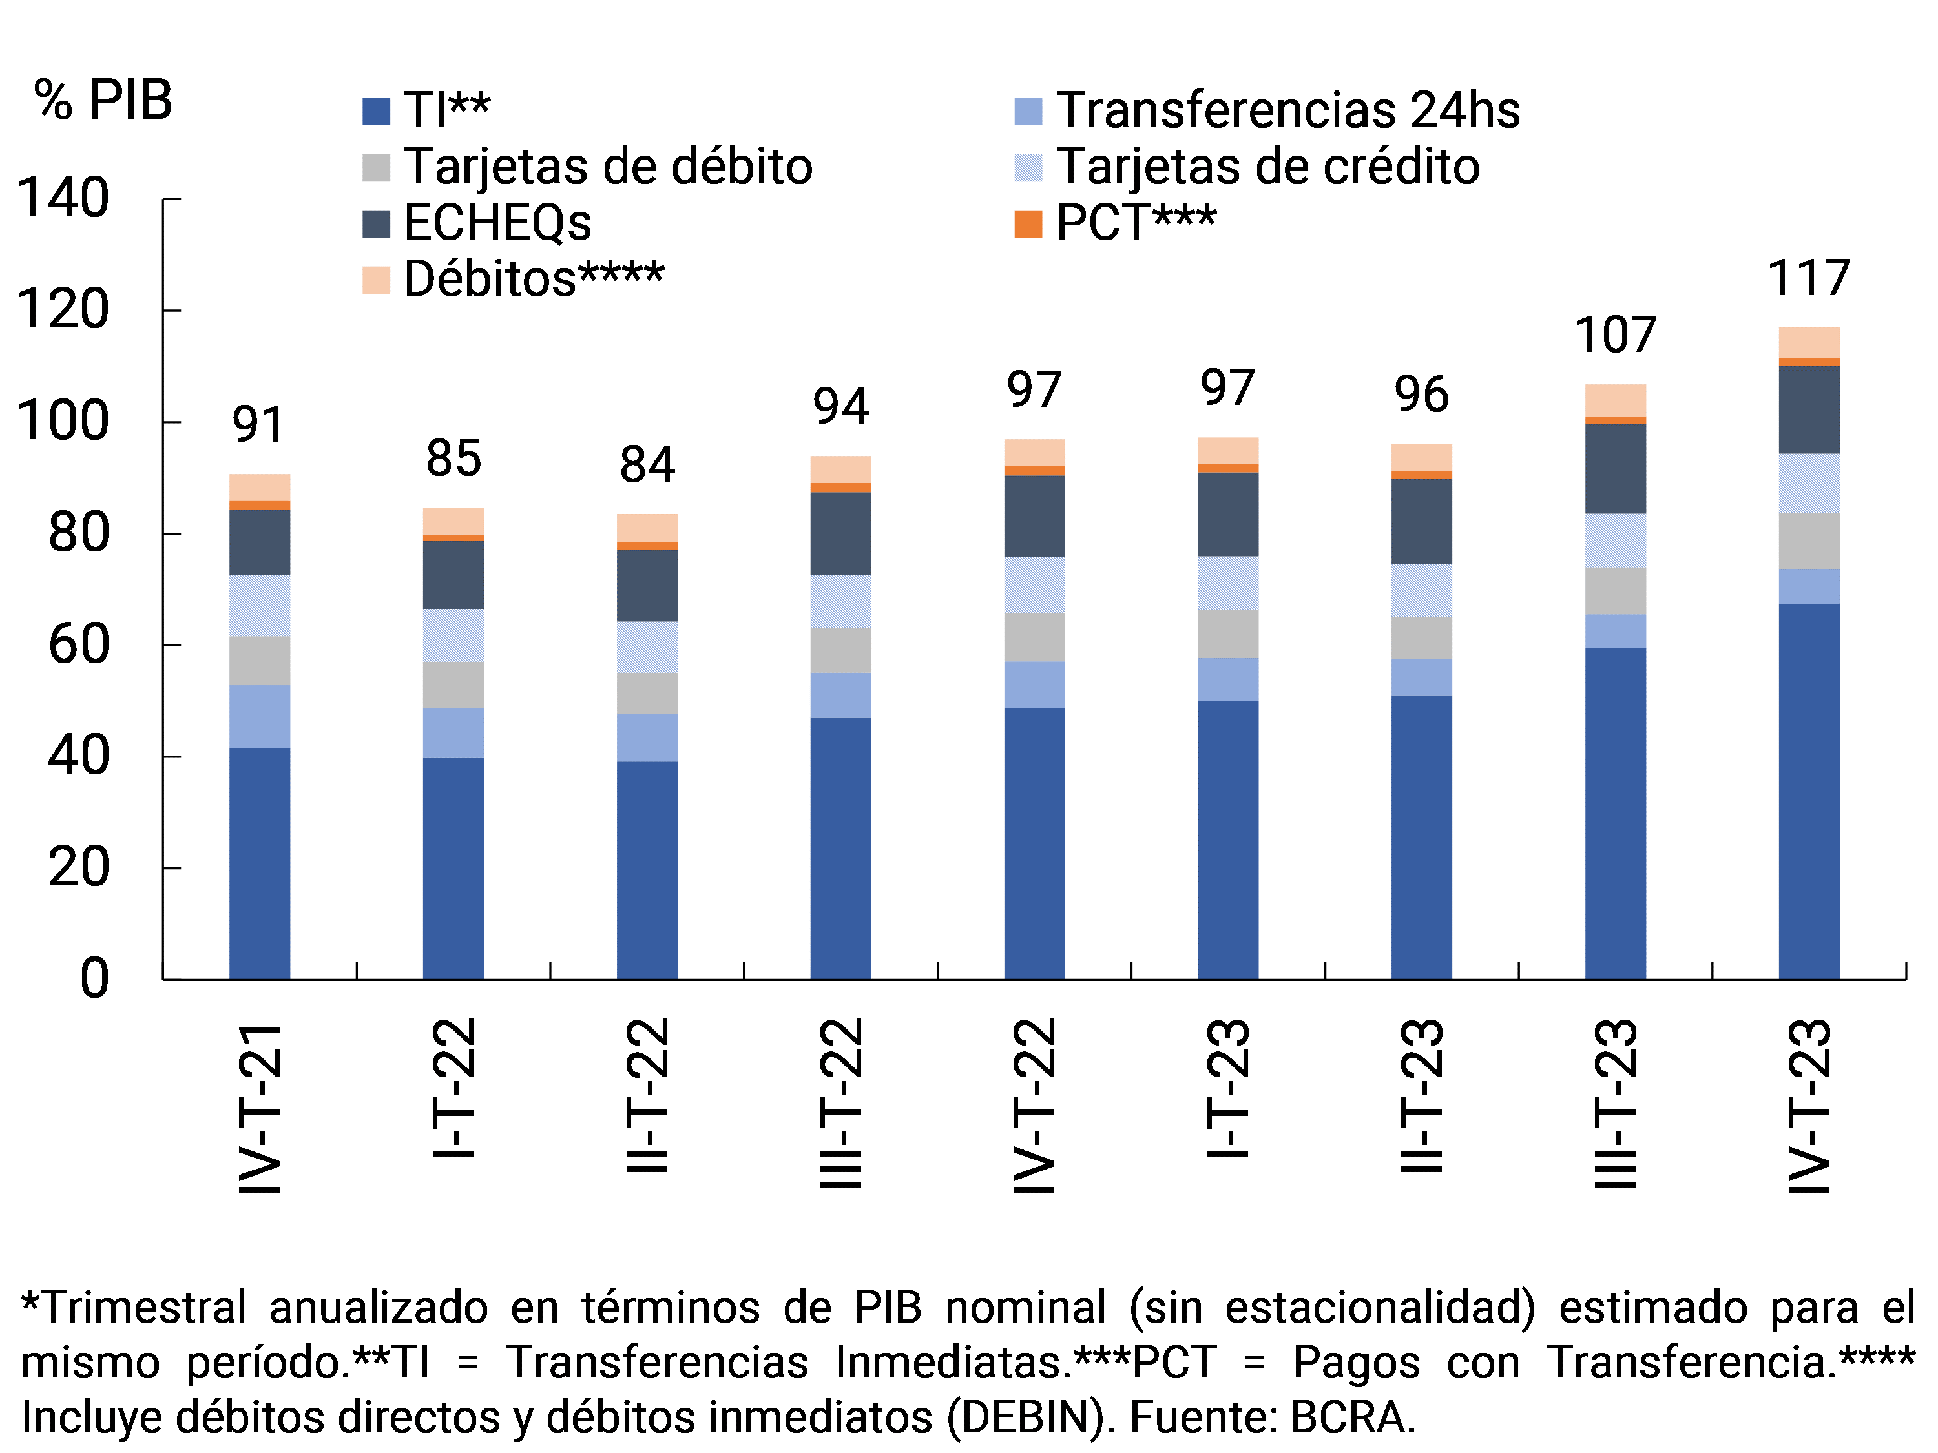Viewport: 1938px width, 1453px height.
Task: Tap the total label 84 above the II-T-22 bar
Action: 647,464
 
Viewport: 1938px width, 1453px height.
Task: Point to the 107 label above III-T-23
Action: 1615,335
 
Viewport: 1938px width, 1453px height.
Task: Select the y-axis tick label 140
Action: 63,198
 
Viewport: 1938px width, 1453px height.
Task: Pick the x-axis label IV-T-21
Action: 260,1108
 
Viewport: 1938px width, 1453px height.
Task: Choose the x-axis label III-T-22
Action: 841,1102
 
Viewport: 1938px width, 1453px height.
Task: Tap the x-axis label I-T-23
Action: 1228,1087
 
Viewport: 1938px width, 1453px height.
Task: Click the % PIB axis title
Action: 103,100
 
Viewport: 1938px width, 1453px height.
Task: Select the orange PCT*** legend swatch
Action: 1028,224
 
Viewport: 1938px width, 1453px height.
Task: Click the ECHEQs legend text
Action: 497,222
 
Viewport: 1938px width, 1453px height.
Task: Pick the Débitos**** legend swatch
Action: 376,280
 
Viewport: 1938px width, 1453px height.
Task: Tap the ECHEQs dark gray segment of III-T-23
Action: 1615,469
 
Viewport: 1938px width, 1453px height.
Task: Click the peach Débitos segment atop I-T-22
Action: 453,520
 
